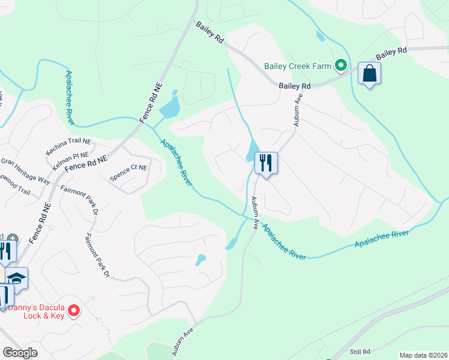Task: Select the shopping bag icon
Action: pos(369,74)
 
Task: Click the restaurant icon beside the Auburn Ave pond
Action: pos(265,163)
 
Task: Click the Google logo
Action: pos(20,353)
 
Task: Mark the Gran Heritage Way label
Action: pos(25,171)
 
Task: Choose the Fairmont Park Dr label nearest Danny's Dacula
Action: pos(98,256)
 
